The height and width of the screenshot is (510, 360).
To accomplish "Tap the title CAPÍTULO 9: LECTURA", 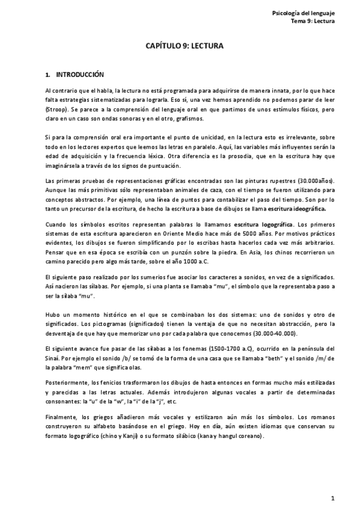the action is point(180,46).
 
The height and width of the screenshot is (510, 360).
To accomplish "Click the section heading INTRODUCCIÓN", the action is point(80,75).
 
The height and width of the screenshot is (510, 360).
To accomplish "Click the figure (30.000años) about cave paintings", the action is point(318,181).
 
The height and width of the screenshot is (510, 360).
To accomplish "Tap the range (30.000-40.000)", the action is point(277,334).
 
